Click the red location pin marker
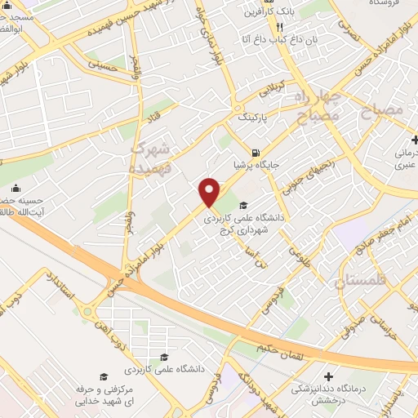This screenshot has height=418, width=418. tap(210, 192)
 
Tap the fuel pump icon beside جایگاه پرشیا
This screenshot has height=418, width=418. tap(257, 153)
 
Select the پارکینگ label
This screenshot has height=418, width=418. tap(252, 118)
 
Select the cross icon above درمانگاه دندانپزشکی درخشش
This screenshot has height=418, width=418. tap(328, 376)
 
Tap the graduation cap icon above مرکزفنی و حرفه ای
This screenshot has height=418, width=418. tap(104, 376)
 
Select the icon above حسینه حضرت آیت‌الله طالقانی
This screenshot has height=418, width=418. tap(16, 189)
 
